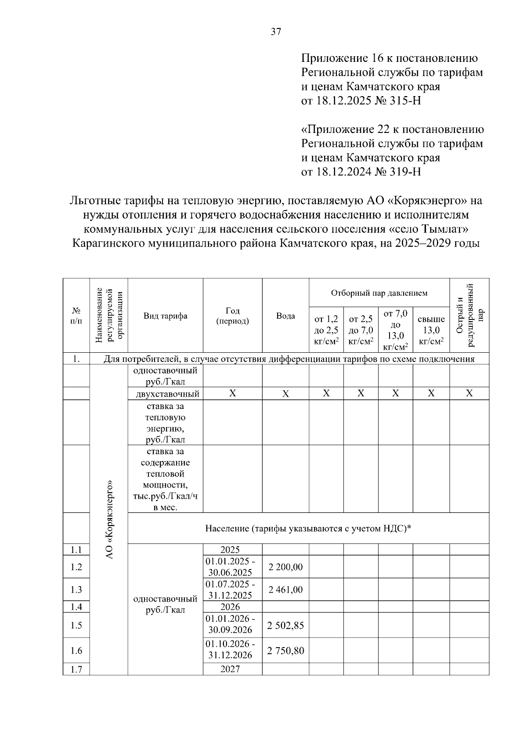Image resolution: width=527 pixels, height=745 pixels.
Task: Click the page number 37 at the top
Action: [x=276, y=32]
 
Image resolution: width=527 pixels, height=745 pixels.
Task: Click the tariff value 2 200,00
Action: [x=285, y=567]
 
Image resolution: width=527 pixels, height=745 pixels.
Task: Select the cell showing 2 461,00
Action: [x=285, y=590]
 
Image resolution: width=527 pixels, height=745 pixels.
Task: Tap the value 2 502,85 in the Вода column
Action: [x=285, y=625]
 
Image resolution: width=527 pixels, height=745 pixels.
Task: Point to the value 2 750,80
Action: [x=285, y=650]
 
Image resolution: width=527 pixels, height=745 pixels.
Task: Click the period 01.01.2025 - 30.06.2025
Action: [x=233, y=567]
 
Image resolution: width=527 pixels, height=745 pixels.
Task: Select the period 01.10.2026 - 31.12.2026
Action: [x=233, y=650]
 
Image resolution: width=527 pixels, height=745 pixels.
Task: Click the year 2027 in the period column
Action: [x=230, y=669]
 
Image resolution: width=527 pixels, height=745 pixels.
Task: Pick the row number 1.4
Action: [x=76, y=607]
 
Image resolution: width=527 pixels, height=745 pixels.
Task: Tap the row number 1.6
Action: [x=76, y=650]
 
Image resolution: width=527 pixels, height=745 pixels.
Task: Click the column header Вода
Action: [x=285, y=316]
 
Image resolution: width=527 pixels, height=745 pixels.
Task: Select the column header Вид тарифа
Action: [x=165, y=316]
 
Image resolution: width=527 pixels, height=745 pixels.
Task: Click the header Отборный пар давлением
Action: [x=379, y=293]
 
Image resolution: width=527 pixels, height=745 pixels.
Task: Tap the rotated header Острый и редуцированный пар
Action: [x=469, y=315]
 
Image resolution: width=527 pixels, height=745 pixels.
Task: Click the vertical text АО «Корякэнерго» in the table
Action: [x=109, y=519]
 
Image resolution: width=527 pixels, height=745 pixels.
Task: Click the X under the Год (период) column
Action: [x=233, y=393]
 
